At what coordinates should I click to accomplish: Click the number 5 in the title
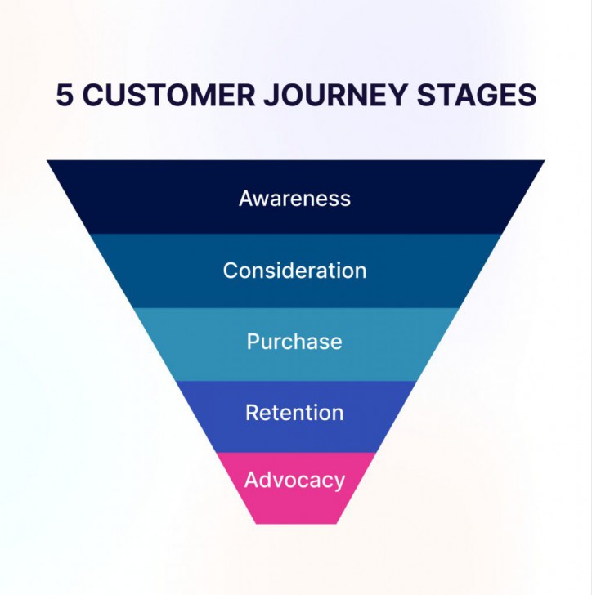[65, 95]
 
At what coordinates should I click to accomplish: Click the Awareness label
[294, 199]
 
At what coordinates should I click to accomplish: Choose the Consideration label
[294, 271]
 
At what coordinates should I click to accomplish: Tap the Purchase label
[294, 342]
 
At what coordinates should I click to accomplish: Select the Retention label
[294, 413]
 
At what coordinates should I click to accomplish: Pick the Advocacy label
[294, 480]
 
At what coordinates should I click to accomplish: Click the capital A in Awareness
[246, 199]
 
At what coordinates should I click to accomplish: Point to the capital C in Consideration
[231, 271]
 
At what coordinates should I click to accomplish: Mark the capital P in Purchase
[253, 342]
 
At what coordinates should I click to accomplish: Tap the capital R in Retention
[253, 413]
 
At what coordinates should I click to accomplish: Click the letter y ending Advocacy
[339, 482]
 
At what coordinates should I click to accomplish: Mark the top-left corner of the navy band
[48, 161]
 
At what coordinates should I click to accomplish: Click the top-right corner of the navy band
[544, 161]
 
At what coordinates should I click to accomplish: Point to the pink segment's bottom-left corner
[255, 523]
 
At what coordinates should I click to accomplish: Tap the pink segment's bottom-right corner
[336, 523]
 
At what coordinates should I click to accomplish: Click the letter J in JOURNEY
[271, 95]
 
